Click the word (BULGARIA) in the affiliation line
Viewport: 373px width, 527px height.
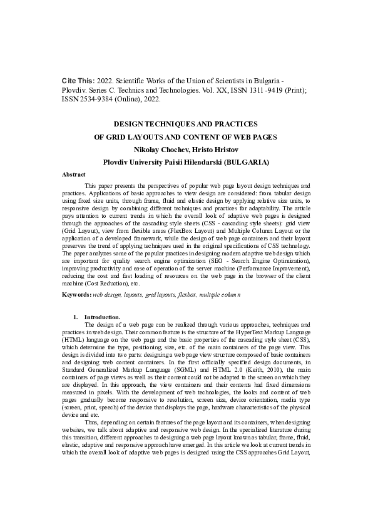[x=247, y=162]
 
